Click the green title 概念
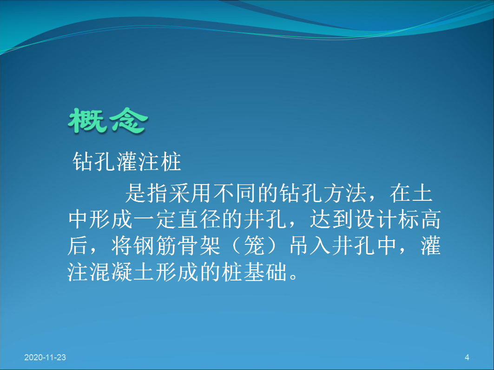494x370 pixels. (108, 121)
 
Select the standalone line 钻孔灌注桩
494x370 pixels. (127, 162)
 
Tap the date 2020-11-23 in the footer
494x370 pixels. (45, 357)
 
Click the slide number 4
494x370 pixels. (467, 357)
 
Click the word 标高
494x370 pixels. (419, 219)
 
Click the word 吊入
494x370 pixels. (310, 246)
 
